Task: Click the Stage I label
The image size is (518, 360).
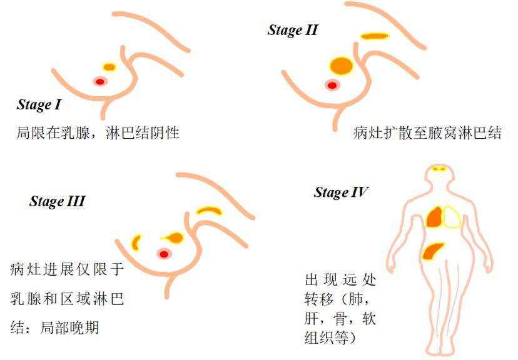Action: [39, 105]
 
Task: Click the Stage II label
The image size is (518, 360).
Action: [293, 31]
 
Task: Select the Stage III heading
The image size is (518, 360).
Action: [58, 201]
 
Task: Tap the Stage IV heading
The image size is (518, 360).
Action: [341, 192]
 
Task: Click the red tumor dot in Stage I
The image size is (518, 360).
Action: [100, 81]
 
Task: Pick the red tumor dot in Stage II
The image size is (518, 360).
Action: [332, 86]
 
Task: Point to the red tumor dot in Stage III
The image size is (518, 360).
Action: [164, 254]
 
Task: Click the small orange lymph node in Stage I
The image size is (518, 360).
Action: [109, 67]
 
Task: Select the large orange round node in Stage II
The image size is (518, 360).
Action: [341, 66]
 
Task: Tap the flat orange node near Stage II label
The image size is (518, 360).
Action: [374, 36]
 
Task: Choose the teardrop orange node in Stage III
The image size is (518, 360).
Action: [173, 237]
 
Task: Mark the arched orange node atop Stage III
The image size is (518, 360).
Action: [209, 209]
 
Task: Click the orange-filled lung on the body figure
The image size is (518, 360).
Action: [434, 217]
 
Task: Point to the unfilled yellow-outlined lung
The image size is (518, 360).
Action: [452, 217]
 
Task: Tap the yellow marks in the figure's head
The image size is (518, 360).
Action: [439, 169]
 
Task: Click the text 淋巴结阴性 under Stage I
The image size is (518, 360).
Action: [143, 132]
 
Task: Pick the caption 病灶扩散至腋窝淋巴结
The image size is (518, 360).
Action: [427, 133]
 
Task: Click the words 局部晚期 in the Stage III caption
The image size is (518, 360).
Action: [69, 327]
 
